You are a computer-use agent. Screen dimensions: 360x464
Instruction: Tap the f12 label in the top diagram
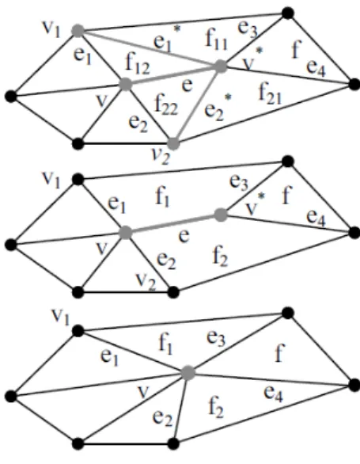[x=138, y=64]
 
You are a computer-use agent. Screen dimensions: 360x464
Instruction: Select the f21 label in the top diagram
[x=270, y=93]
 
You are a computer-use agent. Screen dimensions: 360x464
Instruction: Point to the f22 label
[x=166, y=105]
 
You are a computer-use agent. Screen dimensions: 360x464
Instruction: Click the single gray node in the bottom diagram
[x=188, y=373]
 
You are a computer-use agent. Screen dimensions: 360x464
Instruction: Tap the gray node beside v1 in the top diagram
[x=78, y=30]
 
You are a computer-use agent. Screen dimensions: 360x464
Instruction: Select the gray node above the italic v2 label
[x=173, y=143]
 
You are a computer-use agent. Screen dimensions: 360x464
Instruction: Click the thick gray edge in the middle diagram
[x=172, y=223]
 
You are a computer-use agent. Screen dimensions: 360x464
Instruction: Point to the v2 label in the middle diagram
[x=146, y=281]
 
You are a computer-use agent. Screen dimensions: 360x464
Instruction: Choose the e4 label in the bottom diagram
[x=273, y=394]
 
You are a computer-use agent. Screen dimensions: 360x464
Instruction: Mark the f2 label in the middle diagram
[x=220, y=257]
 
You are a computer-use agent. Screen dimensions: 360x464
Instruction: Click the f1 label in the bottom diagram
[x=165, y=344]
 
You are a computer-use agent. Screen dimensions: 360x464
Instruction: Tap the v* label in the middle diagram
[x=256, y=203]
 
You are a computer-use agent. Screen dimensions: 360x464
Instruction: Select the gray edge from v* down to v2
[x=197, y=105]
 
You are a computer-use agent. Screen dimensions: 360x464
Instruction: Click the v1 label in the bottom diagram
[x=61, y=318]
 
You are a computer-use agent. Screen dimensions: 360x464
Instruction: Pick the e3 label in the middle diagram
[x=239, y=183]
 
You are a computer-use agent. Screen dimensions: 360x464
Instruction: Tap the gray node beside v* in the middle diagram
[x=221, y=215]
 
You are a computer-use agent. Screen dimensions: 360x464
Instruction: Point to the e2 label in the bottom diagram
[x=162, y=417]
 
